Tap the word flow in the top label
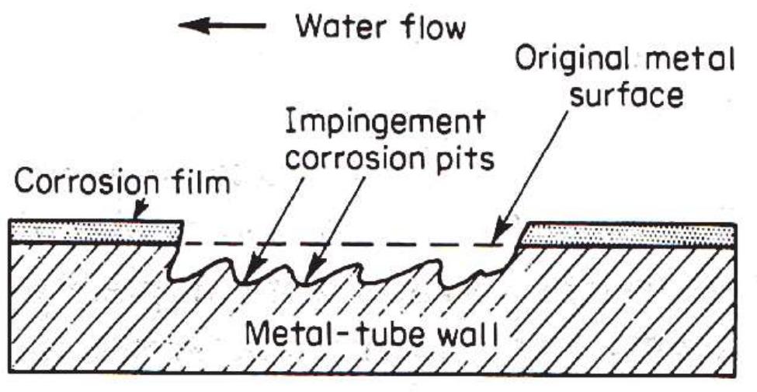[431, 28]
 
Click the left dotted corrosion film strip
[93, 231]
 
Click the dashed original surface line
[349, 242]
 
